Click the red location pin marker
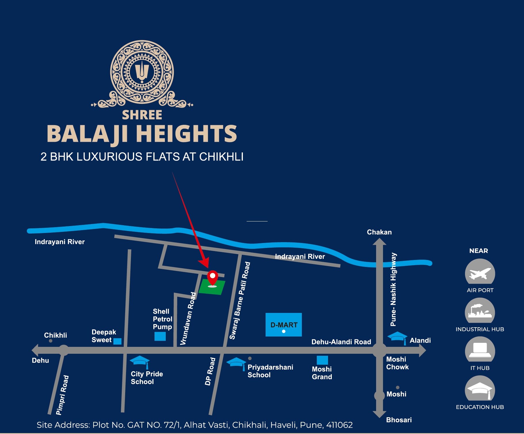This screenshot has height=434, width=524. (212, 277)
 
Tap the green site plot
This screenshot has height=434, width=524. (212, 288)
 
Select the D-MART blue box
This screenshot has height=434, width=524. (283, 325)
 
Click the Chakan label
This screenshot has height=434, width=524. (379, 232)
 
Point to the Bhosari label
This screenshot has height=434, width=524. (399, 420)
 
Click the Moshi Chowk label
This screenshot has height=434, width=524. (397, 363)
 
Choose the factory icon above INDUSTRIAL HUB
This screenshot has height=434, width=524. (480, 311)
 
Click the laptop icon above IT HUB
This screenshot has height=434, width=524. (480, 350)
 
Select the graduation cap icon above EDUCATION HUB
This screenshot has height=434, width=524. (480, 389)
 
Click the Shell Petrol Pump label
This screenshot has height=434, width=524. (162, 319)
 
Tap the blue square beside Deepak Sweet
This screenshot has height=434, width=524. (117, 341)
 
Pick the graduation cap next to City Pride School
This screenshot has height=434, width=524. (140, 361)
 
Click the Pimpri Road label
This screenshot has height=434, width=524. (62, 395)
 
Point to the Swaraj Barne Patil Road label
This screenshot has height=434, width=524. (240, 301)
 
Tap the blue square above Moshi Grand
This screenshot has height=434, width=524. (322, 360)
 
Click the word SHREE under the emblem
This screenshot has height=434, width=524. (142, 115)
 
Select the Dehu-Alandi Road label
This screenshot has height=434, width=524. (341, 342)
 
